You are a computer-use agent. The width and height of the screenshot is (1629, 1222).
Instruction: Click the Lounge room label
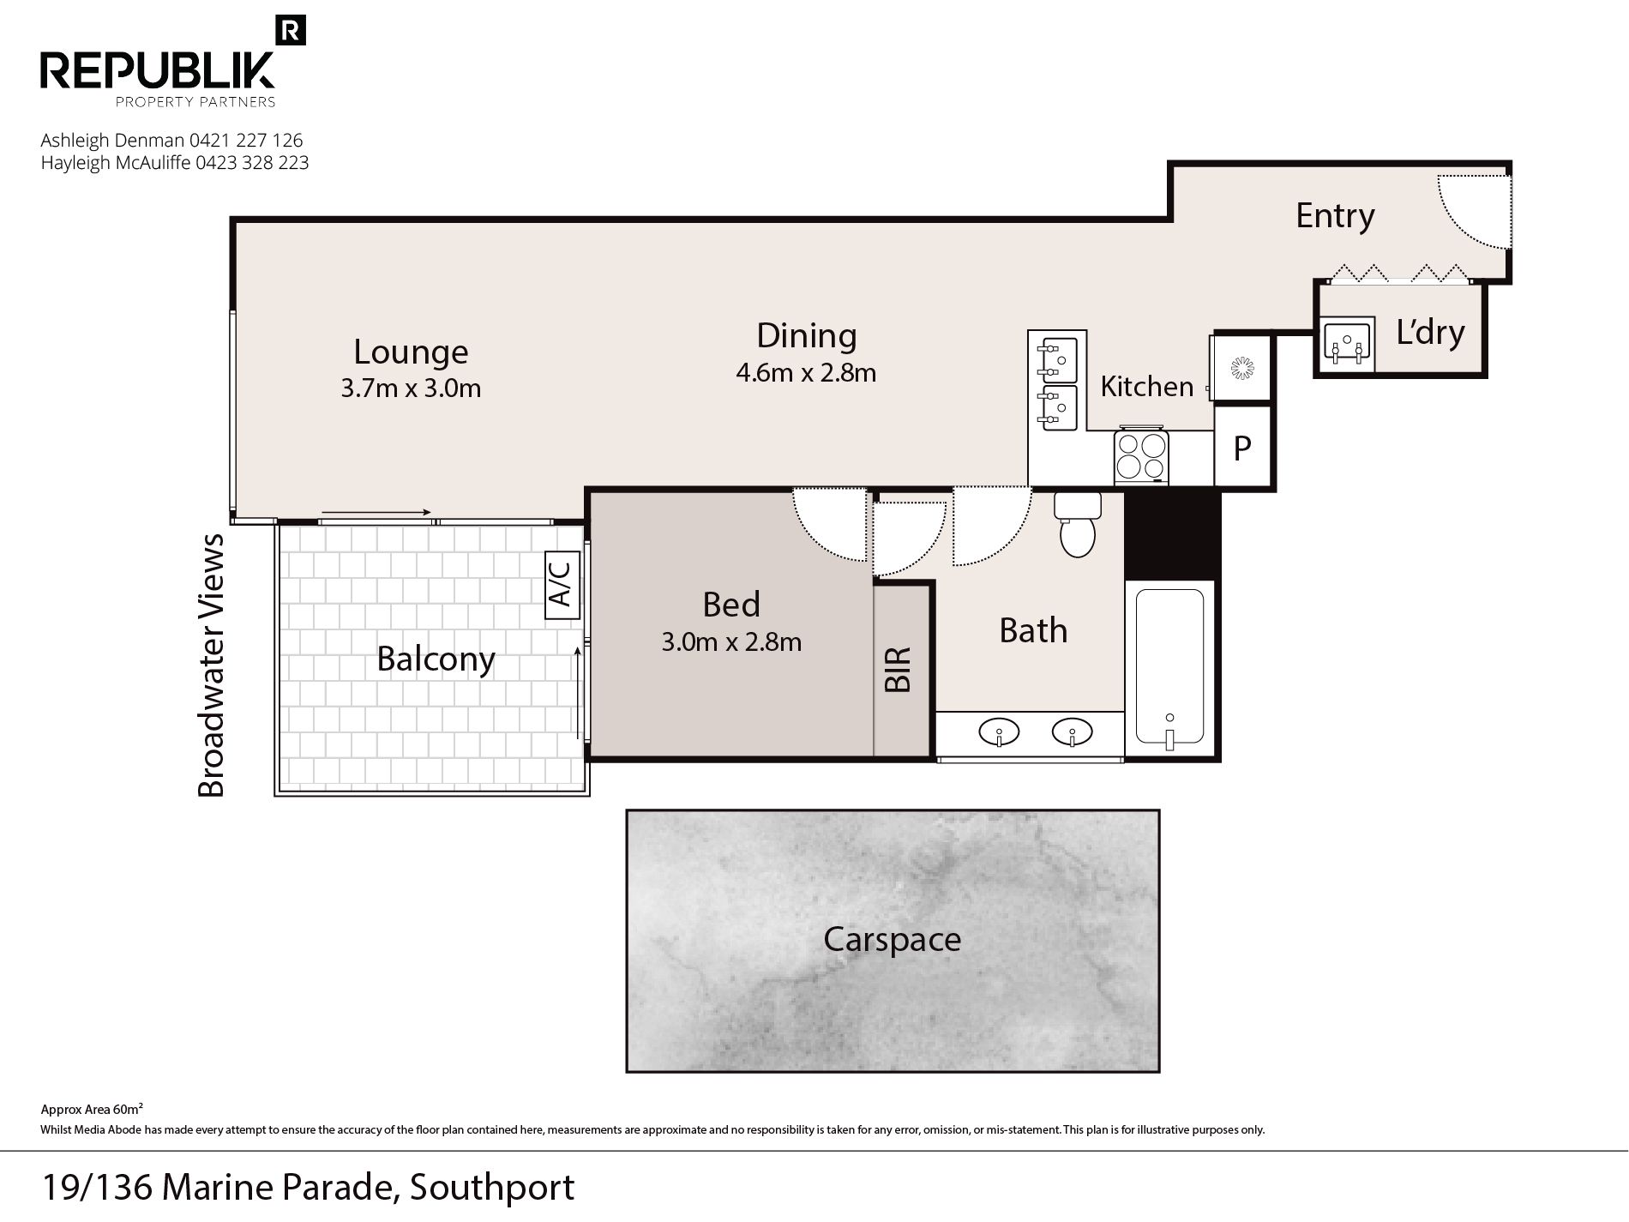tap(411, 352)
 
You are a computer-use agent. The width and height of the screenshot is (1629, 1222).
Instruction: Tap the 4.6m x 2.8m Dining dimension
tap(806, 373)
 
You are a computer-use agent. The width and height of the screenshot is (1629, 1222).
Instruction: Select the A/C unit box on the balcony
tap(562, 585)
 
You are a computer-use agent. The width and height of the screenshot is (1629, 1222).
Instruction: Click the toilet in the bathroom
tap(1077, 524)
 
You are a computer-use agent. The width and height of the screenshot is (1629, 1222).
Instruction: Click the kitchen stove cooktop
tap(1140, 456)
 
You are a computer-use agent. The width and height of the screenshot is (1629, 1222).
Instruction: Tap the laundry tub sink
tap(1349, 345)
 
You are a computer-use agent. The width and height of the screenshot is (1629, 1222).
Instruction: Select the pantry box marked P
tap(1242, 447)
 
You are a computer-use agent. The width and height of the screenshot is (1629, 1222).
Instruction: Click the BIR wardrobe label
tap(898, 670)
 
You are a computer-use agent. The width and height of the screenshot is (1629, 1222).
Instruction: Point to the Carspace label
tap(892, 940)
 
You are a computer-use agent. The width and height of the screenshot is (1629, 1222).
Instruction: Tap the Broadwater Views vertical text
tap(211, 665)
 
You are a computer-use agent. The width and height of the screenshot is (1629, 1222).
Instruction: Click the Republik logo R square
tap(292, 31)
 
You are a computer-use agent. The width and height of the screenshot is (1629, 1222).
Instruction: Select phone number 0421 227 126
tap(246, 140)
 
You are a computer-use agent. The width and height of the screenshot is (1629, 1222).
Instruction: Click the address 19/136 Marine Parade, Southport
tap(308, 1188)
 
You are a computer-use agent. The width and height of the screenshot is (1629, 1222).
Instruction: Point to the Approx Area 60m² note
tap(92, 1109)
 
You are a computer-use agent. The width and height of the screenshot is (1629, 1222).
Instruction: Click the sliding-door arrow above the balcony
tap(376, 513)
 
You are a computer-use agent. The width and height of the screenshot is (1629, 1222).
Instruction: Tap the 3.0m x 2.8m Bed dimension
tap(731, 641)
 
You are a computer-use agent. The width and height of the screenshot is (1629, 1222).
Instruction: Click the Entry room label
tap(1335, 215)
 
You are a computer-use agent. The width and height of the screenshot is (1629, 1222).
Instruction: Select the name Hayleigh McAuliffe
tap(116, 163)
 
